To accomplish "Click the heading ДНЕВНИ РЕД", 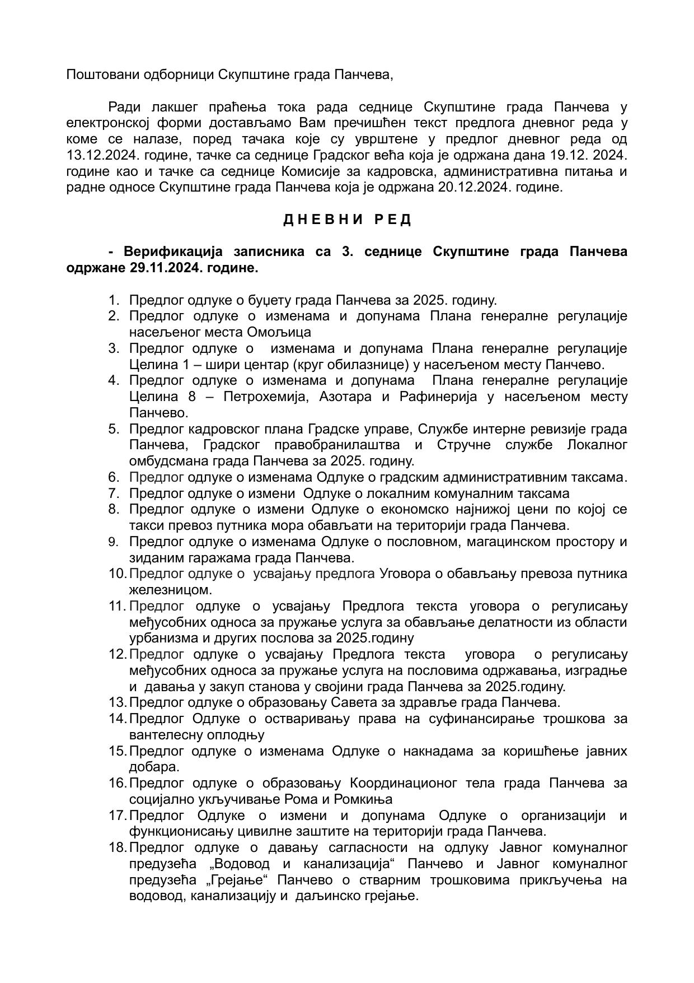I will point(347,220).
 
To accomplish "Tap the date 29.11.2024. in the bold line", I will point(166,268).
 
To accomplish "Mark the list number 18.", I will point(118,847).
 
